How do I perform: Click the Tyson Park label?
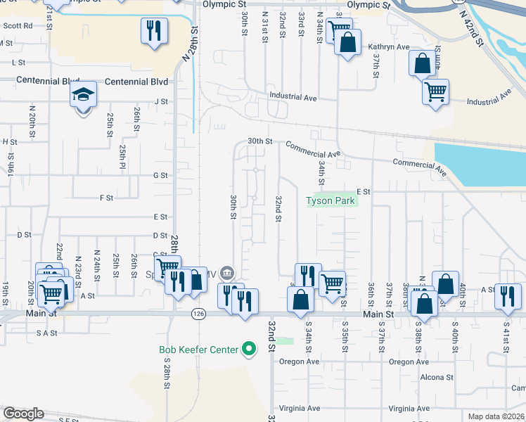(331, 201)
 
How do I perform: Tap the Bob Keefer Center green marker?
(248, 348)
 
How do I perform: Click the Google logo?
(23, 414)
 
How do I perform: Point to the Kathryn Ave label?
(388, 47)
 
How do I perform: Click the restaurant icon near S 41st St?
(507, 295)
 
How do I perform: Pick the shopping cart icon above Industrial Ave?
(435, 91)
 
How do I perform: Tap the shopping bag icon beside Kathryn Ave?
(347, 42)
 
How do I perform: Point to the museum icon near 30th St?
(226, 273)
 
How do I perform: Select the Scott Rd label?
(18, 25)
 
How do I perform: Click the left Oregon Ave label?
(299, 362)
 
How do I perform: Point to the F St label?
(107, 198)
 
